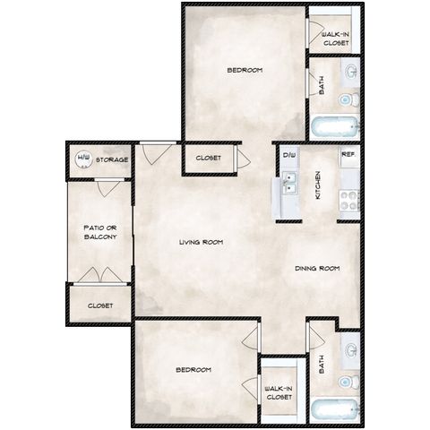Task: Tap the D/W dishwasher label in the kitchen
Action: pyautogui.click(x=289, y=155)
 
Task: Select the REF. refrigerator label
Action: pyautogui.click(x=348, y=154)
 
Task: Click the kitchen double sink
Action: pyautogui.click(x=289, y=183)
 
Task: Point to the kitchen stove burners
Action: pyautogui.click(x=349, y=201)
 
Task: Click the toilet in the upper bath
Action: pyautogui.click(x=349, y=99)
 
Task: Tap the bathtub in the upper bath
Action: pyautogui.click(x=334, y=126)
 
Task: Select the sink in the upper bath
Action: pyautogui.click(x=351, y=72)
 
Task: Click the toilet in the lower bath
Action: pyautogui.click(x=348, y=382)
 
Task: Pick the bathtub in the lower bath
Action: pyautogui.click(x=334, y=410)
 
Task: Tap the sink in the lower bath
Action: pyautogui.click(x=351, y=350)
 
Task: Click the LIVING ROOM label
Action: pyautogui.click(x=202, y=242)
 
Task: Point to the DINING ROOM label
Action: pyautogui.click(x=317, y=269)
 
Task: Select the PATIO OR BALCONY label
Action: pyautogui.click(x=100, y=232)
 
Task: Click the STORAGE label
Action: pyautogui.click(x=112, y=160)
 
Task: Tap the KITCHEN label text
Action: pyautogui.click(x=318, y=185)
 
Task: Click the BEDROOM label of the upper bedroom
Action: pyautogui.click(x=245, y=70)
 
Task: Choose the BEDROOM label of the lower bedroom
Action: pyautogui.click(x=193, y=370)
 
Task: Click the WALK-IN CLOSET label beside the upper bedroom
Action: pyautogui.click(x=336, y=39)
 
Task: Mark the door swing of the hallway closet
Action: pyautogui.click(x=245, y=158)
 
